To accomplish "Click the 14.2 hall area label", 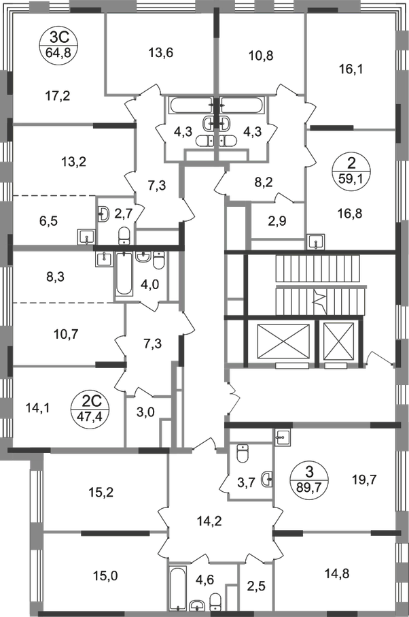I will click(x=210, y=522).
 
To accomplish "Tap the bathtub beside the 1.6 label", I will click(x=179, y=586).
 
